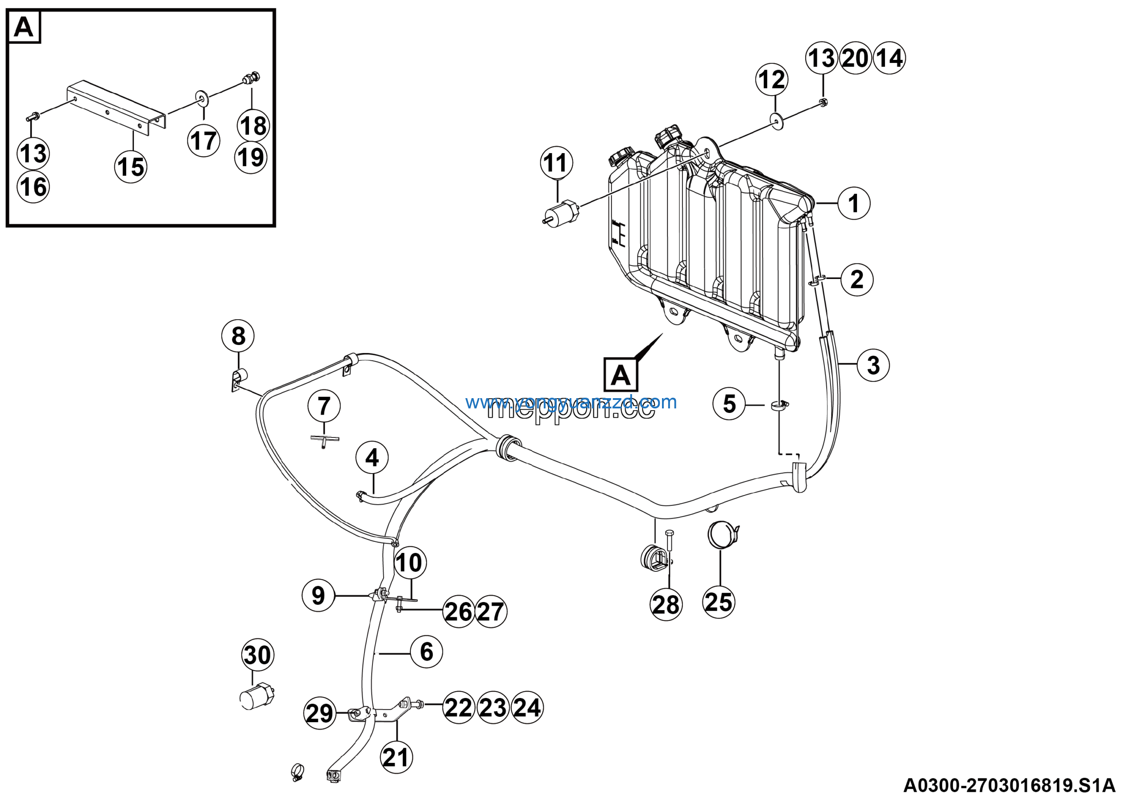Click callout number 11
tap(556, 162)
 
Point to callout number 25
tap(719, 602)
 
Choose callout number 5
tap(728, 404)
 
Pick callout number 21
tap(396, 758)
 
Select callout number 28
tap(666, 605)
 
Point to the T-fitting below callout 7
tap(324, 439)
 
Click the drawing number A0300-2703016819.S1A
tap(1009, 786)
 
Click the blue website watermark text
tap(571, 402)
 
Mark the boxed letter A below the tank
tap(620, 374)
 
